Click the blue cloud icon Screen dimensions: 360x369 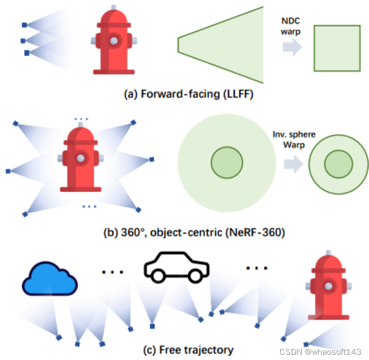[49, 281]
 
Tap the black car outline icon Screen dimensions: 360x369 [177, 268]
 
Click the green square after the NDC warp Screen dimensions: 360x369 [337, 48]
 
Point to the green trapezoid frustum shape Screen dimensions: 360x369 [221, 45]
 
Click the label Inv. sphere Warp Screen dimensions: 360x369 [294, 140]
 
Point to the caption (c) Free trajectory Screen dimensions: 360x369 [188, 350]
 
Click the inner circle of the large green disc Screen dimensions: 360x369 [226, 163]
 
